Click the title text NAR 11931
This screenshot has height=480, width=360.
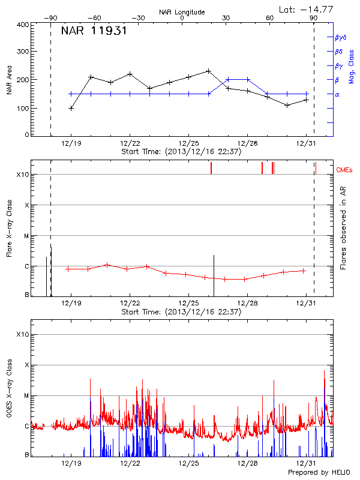[94, 31]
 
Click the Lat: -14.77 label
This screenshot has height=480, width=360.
[308, 8]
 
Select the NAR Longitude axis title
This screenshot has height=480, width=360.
[182, 11]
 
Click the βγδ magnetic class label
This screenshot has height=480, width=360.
[341, 37]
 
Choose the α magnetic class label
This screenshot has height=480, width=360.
[337, 94]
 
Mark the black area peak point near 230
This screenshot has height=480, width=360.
[208, 71]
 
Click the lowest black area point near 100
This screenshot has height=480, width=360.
[71, 108]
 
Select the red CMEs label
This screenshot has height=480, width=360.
[344, 170]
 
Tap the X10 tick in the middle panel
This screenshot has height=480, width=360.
[22, 175]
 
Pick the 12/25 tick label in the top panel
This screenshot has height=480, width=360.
[188, 143]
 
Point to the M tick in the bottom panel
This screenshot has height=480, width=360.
[25, 396]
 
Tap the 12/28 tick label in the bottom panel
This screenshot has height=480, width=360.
[247, 464]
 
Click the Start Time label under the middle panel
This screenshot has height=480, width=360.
[181, 312]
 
